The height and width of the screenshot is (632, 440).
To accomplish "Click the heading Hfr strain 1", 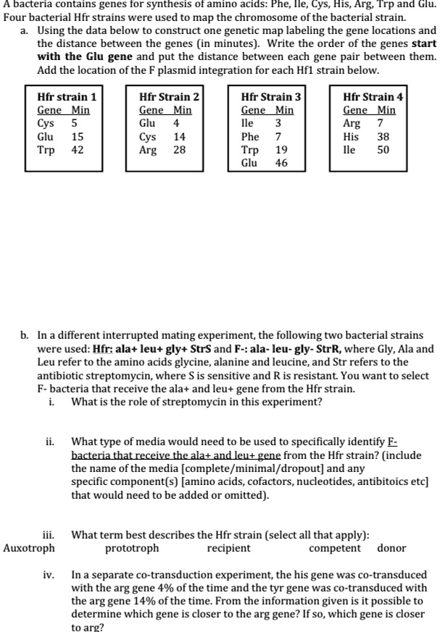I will pos(67,96).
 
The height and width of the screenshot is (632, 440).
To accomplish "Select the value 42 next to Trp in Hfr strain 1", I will pos(77,150).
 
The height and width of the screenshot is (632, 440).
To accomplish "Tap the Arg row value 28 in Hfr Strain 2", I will pos(180,150).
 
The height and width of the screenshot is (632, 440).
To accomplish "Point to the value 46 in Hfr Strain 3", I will pos(281,163).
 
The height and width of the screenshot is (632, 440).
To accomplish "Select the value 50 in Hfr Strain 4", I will pos(383,150).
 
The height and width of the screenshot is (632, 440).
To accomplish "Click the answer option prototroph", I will pos(132,548).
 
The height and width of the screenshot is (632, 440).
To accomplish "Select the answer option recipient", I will pos(228,548).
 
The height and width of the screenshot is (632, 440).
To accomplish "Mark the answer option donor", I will pos(392,548).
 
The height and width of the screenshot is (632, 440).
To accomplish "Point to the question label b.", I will pos(25,335).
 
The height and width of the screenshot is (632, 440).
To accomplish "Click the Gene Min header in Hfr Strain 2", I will pos(165,110).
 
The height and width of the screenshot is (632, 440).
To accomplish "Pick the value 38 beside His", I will pos(383,136).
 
